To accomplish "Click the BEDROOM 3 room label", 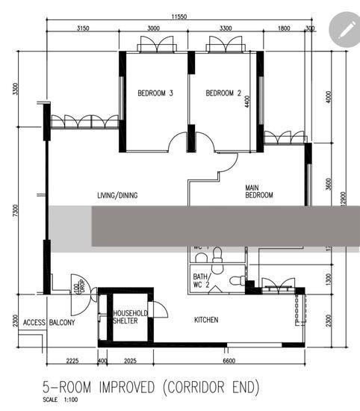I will click(x=155, y=93).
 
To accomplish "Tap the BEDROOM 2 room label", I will click(x=223, y=93).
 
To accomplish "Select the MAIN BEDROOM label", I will click(x=259, y=191).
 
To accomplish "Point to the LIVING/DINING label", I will click(x=117, y=196).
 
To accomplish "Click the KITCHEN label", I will click(x=206, y=320).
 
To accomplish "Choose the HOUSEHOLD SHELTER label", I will click(x=130, y=317).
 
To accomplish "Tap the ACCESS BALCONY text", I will click(x=49, y=323).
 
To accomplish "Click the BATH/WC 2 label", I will click(x=202, y=280).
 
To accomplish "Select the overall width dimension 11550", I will click(x=178, y=16).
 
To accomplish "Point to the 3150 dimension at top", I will click(x=83, y=28).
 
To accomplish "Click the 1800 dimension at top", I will click(x=284, y=28).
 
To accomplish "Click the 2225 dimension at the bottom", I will click(x=72, y=361).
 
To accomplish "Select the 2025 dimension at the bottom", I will click(x=130, y=361).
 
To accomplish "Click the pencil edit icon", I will click(x=344, y=29).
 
